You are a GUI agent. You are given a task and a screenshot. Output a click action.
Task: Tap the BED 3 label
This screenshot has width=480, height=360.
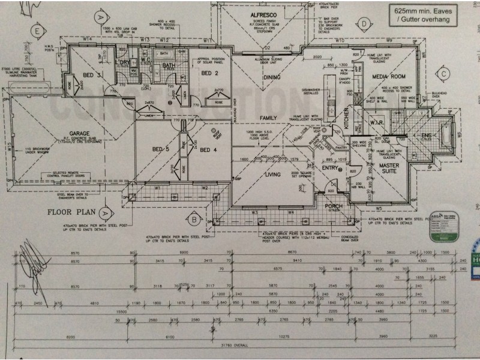point(92,75)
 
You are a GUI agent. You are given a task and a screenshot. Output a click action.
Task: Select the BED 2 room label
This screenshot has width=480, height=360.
point(208,73)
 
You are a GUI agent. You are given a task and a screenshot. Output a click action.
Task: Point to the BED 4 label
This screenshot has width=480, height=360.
point(208,149)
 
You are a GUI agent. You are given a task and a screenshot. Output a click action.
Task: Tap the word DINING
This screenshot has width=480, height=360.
point(272,77)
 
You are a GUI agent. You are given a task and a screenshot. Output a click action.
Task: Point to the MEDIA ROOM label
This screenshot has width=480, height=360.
point(389,77)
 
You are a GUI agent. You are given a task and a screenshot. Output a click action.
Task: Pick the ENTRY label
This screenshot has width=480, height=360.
point(330,168)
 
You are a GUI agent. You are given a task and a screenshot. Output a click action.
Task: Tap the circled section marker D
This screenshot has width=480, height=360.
point(365,23)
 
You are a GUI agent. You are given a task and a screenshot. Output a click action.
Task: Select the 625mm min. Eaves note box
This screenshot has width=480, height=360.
point(423,16)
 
